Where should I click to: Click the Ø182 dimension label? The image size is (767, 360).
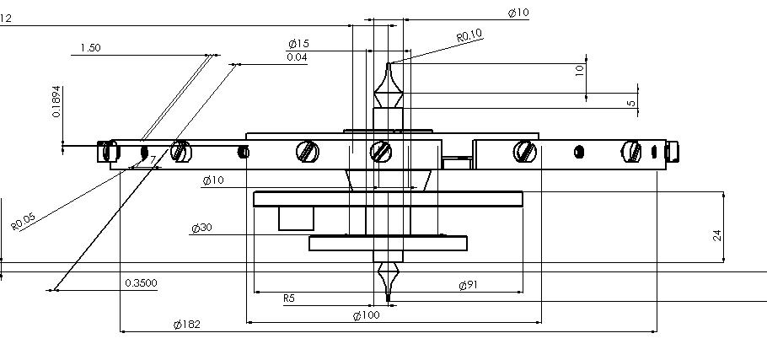click(187, 325)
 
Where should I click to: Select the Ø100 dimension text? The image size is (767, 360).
click(366, 315)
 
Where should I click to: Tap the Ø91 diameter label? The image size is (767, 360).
click(468, 285)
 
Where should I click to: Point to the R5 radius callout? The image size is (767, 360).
click(289, 298)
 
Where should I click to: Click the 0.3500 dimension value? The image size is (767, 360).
click(141, 283)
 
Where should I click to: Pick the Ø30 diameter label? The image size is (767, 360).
click(201, 228)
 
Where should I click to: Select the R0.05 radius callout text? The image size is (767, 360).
click(24, 222)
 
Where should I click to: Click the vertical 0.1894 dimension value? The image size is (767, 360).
click(56, 102)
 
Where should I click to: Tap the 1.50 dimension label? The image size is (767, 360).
click(90, 48)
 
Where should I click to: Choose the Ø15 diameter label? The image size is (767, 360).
click(298, 44)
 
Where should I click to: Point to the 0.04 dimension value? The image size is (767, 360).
click(297, 57)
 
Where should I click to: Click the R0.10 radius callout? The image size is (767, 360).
click(469, 35)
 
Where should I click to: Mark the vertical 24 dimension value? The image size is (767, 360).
click(717, 235)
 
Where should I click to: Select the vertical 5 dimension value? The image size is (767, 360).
click(631, 104)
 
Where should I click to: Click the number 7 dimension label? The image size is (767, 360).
click(153, 160)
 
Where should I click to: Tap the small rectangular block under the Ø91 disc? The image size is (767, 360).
click(296, 218)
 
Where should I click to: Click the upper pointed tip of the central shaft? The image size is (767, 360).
click(389, 63)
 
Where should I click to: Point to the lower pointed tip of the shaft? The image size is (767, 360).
click(389, 300)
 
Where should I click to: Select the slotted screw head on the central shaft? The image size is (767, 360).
click(381, 152)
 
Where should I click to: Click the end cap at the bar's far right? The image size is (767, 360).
click(672, 151)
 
